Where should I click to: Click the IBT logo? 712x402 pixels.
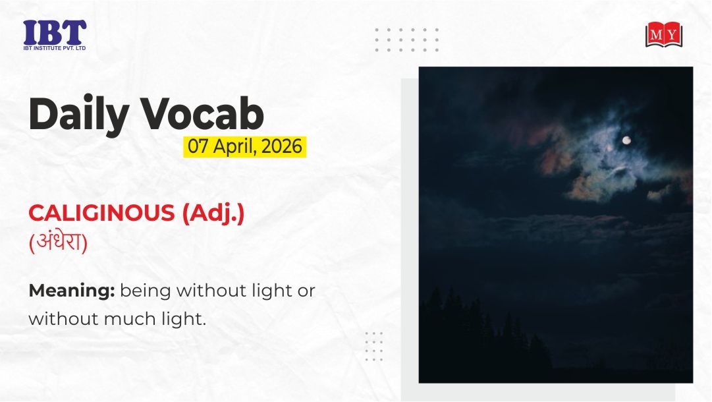pos(55,35)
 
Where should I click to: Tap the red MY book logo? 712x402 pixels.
pos(664,34)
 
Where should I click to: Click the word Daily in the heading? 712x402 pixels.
pos(78,115)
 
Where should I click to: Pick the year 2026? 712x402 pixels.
pos(282,147)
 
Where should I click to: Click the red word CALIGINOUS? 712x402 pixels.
pos(101,213)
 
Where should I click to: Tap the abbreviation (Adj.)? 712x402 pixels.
pos(213,214)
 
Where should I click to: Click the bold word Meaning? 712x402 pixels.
pos(72,291)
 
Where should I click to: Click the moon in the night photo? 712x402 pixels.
pos(626,140)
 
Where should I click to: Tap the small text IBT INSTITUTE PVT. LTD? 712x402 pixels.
pos(55,47)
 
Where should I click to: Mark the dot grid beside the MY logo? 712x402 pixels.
pos(407,40)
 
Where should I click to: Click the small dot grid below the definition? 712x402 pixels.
pos(374,347)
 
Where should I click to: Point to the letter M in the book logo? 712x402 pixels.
pos(656,34)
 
